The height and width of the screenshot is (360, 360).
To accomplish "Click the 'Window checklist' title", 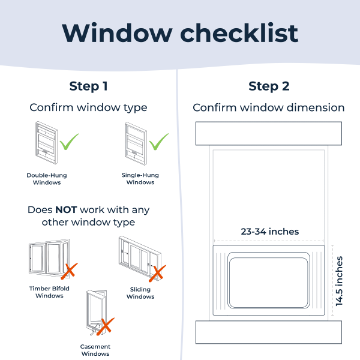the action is (x=180, y=33).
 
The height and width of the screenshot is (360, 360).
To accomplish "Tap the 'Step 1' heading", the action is (x=88, y=86).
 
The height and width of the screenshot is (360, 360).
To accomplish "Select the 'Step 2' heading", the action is (x=269, y=86).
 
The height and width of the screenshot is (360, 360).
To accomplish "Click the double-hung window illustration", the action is (x=47, y=143).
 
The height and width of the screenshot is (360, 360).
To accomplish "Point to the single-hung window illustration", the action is (x=136, y=144).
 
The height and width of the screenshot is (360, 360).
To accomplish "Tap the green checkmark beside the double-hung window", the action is (x=69, y=142).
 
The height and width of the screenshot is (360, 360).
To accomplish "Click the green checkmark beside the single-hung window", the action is (x=158, y=142).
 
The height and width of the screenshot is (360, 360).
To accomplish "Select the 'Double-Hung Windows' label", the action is (x=47, y=179).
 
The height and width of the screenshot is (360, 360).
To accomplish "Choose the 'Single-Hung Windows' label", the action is (x=140, y=179).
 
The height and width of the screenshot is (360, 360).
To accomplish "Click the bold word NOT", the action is (x=66, y=210).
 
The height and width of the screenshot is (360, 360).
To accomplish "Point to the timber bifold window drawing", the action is (x=50, y=258).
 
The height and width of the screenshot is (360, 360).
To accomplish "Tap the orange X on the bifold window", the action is (x=70, y=271).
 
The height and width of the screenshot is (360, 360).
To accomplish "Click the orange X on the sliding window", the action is (x=157, y=273).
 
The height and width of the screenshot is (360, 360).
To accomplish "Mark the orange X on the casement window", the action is (x=106, y=326).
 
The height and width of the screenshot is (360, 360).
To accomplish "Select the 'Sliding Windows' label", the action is (x=140, y=293).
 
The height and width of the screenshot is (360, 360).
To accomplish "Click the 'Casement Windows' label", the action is (x=95, y=350).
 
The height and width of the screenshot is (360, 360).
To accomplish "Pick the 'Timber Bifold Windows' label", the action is (x=49, y=292).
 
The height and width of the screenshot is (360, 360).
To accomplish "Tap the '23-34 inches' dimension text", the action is (x=270, y=232).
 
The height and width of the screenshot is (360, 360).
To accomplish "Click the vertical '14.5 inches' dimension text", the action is (x=339, y=281).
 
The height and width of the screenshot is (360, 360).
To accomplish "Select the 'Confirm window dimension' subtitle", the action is (x=269, y=107).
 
